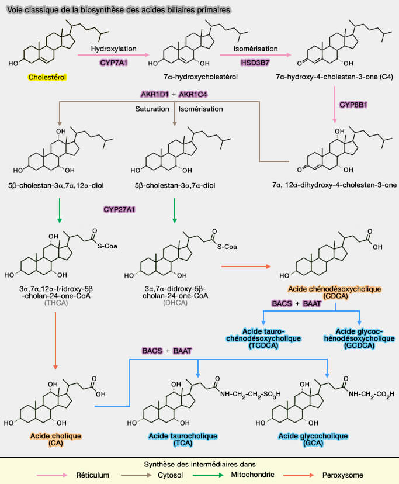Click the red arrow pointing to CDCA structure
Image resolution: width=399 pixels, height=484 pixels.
tap(245, 267)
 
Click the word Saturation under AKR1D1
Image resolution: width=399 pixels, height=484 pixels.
tap(152, 109)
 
